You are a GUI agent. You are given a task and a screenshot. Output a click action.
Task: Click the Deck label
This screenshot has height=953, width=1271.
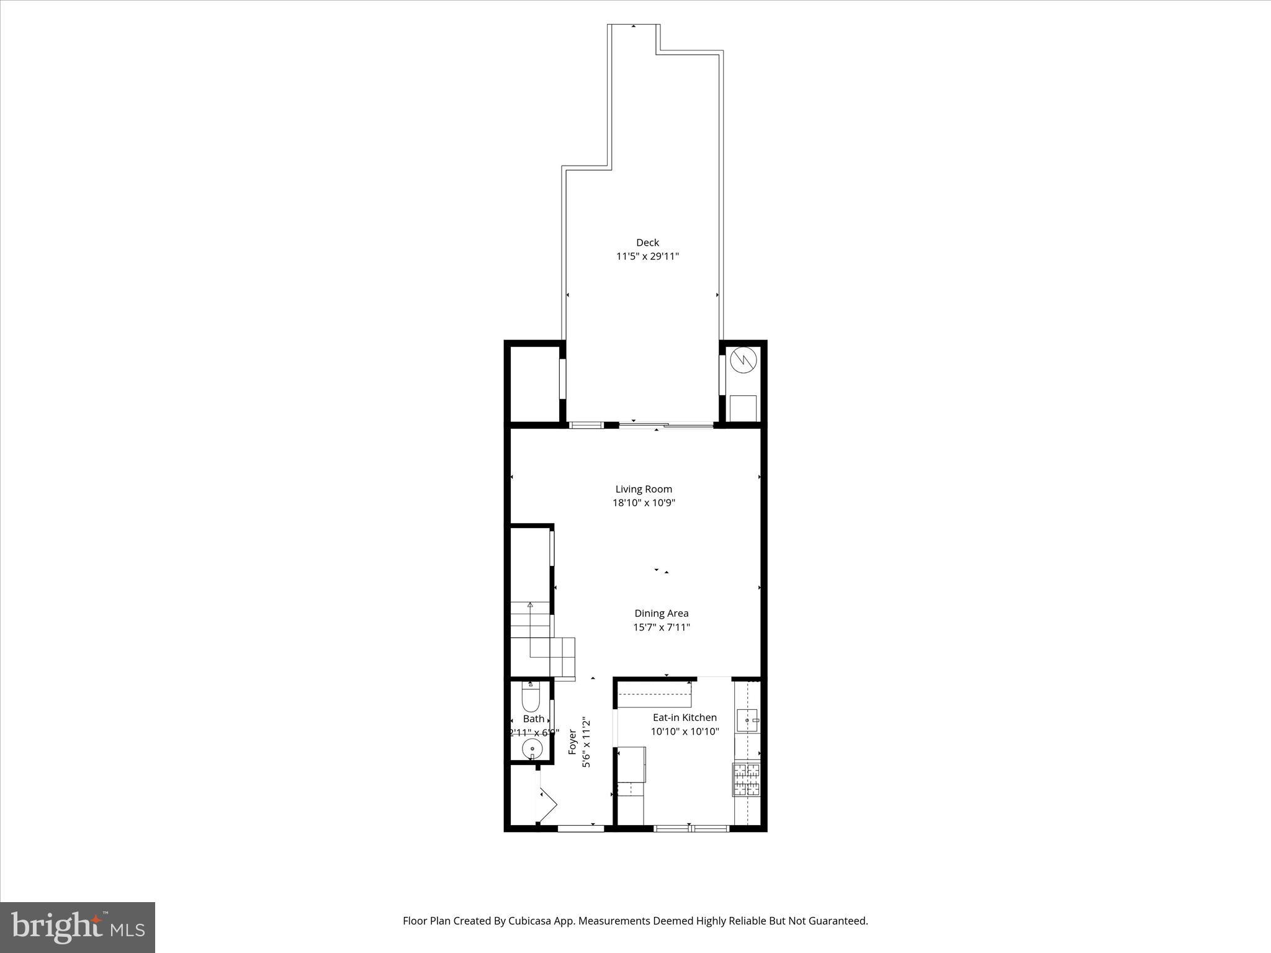[647, 243]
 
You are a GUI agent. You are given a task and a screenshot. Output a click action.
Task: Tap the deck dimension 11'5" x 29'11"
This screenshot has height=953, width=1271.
[647, 256]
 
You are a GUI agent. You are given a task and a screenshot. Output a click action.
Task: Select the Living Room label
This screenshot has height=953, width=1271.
[644, 489]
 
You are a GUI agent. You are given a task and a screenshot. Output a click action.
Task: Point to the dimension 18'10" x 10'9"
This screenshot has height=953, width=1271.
[644, 503]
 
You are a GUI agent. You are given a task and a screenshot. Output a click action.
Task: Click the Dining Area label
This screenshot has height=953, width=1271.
[661, 613]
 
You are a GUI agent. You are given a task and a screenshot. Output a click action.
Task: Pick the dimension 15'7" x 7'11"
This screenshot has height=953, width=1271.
[661, 627]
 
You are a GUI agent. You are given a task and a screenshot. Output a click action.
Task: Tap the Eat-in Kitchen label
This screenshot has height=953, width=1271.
[685, 717]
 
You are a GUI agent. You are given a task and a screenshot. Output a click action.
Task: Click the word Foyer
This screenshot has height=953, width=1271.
[572, 742]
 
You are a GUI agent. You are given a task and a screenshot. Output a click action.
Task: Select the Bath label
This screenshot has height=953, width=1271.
[533, 718]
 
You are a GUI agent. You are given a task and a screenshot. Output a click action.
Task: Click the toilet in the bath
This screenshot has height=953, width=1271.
[531, 697]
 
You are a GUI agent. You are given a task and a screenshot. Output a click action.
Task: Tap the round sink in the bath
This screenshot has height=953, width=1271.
[532, 750]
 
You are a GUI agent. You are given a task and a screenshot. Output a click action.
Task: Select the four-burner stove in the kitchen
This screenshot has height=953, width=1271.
[746, 779]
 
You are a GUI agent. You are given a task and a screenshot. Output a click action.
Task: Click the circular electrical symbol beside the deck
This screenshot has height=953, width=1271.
[743, 359]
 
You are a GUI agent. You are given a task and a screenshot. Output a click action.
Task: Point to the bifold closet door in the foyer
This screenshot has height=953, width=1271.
[547, 805]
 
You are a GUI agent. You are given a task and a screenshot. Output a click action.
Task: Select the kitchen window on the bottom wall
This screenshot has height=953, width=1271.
[691, 828]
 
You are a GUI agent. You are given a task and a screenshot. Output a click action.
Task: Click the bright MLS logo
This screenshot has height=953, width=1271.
[78, 927]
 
